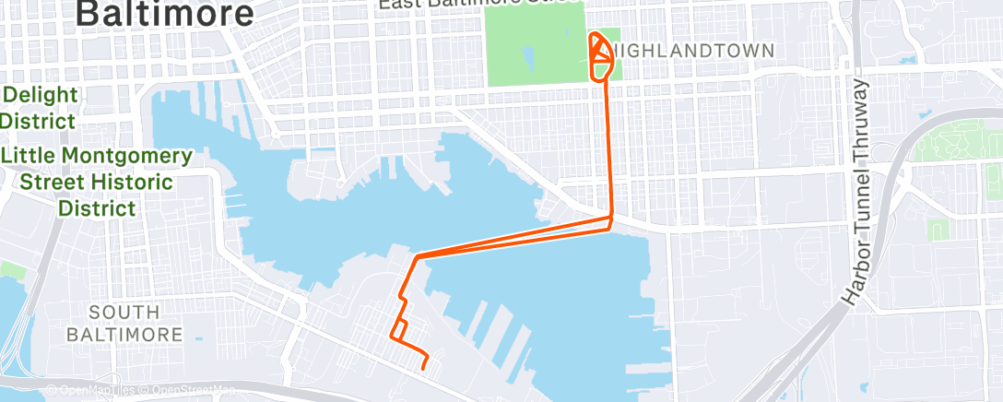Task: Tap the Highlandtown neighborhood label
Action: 690,52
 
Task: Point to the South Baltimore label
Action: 124,323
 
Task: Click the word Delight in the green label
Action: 35,95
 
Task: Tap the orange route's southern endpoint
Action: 423,368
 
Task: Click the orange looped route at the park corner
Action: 600,55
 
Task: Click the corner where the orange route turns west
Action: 610,220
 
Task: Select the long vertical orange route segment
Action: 608,148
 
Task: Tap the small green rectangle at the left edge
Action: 11,269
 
